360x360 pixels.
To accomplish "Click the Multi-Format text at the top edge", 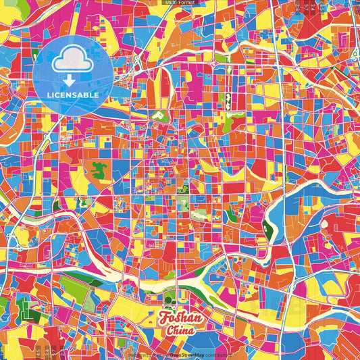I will tap(179, 3).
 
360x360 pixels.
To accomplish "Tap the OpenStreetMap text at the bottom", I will tap(187, 354).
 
